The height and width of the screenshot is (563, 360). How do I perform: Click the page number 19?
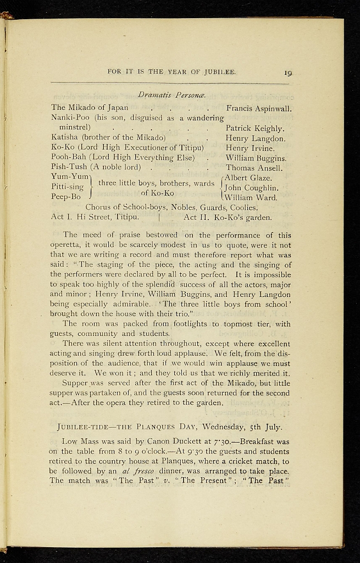pos(287,72)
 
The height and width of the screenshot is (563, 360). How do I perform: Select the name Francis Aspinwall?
pos(258,108)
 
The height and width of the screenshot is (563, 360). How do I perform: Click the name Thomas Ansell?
pos(254,168)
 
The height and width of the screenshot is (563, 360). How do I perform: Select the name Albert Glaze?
pos(248,178)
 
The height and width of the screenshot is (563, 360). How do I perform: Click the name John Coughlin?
pos(251,187)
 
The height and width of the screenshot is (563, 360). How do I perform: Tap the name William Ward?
pos(251,197)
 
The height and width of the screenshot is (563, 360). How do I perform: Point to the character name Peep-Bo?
pos(66,196)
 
